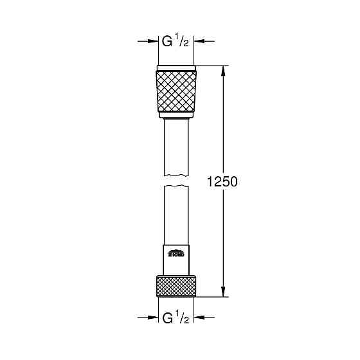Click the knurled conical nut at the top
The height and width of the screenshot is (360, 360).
[177, 91]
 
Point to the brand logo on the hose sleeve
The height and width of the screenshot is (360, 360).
[177, 253]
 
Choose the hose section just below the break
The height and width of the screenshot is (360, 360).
[177, 212]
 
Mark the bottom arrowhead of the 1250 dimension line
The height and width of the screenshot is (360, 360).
[224, 292]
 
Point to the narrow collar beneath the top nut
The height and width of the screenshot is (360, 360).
[177, 118]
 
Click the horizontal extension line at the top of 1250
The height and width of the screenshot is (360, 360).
[212, 66]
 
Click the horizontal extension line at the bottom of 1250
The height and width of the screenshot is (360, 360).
[212, 297]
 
